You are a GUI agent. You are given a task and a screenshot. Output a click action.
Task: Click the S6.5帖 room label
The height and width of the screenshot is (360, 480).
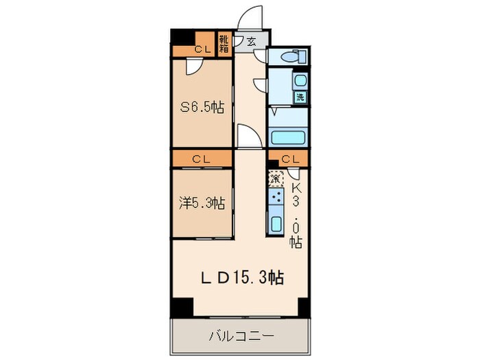[202, 107]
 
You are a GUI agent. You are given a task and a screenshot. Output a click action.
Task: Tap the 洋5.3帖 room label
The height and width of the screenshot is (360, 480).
[202, 203]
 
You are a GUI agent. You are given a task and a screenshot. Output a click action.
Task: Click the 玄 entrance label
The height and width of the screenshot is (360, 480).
[251, 42]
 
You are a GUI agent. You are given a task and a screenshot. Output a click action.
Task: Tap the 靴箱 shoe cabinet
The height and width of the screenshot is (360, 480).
[224, 44]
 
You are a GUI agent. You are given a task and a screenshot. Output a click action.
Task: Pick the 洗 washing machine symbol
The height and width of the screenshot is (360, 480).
[300, 97]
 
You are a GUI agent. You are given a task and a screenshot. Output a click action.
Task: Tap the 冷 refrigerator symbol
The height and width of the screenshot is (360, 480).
[275, 178]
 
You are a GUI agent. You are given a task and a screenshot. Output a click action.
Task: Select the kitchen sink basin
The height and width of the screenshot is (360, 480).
[276, 223]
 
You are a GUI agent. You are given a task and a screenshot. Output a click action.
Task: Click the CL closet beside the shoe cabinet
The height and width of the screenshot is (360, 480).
[201, 49]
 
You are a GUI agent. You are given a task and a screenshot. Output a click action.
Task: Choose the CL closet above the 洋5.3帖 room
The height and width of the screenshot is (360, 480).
[201, 159]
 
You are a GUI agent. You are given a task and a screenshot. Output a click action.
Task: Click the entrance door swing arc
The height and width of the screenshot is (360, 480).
[252, 17]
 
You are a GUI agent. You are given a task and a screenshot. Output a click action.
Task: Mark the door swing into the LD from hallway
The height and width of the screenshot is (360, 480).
[248, 135]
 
